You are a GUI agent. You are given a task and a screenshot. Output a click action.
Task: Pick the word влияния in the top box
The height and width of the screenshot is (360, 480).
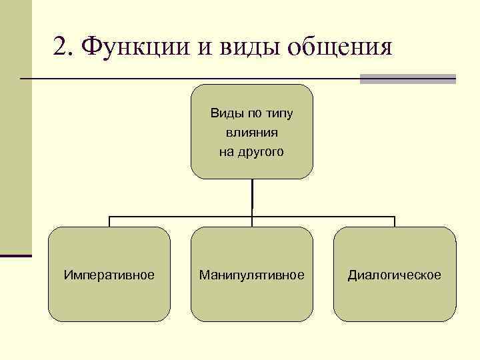coord(251,132)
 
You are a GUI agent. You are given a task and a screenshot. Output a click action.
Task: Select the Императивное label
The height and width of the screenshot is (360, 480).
coord(109,275)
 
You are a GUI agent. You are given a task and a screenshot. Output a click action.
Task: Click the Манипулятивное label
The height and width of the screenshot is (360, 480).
coord(251,275)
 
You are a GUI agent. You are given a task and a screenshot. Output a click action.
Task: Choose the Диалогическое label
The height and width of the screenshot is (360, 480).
coord(394,275)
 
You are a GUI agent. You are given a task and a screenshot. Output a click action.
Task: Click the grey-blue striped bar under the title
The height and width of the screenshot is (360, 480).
coord(407,79)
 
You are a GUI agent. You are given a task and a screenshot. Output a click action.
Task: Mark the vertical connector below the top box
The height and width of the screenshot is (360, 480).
coord(252,197)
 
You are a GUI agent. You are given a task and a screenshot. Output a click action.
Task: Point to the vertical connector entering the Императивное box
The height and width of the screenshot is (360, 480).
coord(109,221)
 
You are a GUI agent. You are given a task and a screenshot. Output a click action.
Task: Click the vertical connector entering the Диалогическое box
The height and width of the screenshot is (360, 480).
coord(394,221)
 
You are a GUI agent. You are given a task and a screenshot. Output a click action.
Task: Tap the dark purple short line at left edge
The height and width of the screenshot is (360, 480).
coord(16,255)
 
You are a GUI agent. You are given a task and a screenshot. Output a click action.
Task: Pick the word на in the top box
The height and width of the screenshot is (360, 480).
coord(226,151)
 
